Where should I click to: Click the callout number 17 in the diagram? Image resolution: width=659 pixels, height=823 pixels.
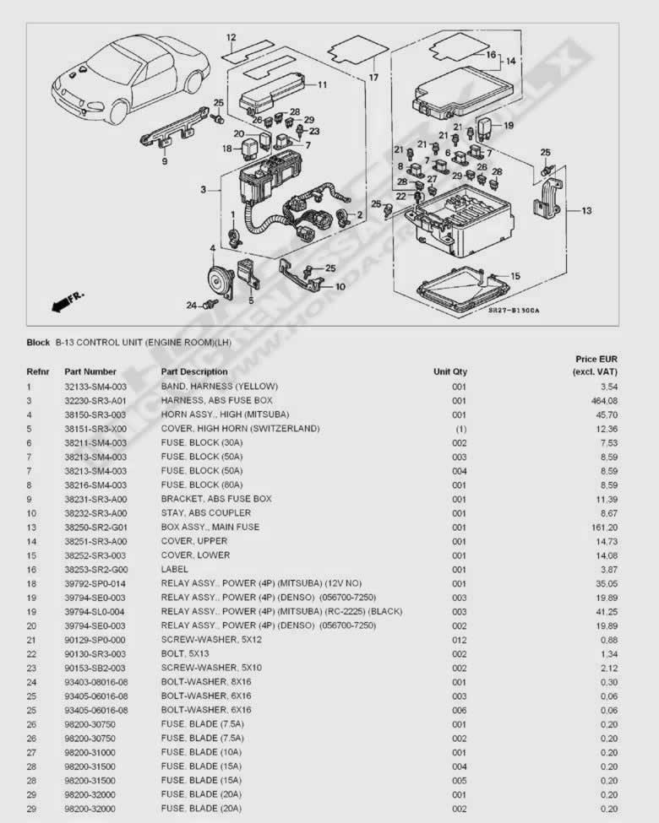tap(373, 78)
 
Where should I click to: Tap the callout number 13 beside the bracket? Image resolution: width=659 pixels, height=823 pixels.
tap(586, 210)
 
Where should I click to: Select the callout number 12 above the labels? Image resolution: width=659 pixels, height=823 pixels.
tap(231, 37)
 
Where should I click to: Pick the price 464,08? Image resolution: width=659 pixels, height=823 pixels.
tap(604, 401)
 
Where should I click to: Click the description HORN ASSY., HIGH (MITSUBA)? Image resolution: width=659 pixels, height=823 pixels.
tap(225, 414)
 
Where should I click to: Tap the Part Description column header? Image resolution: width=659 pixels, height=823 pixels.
tap(194, 371)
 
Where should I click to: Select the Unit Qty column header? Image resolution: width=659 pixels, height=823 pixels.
tap(450, 371)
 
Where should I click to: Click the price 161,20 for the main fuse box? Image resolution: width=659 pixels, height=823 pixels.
tap(604, 528)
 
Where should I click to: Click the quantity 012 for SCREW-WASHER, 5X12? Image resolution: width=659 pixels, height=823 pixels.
tap(460, 640)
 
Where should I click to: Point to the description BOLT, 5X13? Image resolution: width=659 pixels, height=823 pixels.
tap(185, 654)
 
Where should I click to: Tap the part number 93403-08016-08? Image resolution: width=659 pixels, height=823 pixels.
tap(96, 682)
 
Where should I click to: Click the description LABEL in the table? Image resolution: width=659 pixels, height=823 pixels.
tap(175, 570)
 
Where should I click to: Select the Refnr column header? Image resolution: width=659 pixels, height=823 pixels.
tap(38, 371)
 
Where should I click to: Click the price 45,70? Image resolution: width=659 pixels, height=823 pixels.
tap(606, 414)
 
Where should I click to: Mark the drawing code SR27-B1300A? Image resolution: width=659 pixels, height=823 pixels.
tap(514, 310)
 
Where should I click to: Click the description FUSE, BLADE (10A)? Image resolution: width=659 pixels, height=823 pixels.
tap(201, 752)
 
